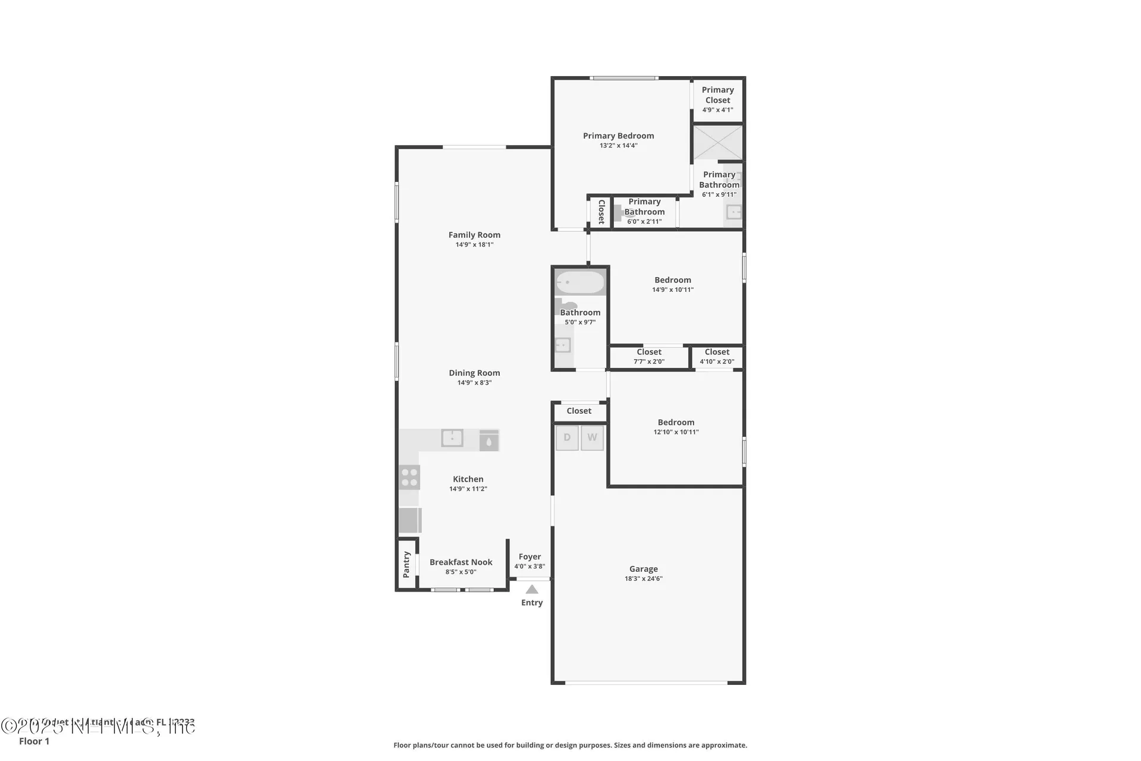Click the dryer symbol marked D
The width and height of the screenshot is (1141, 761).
tap(567, 438)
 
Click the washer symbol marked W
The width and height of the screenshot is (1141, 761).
tap(592, 438)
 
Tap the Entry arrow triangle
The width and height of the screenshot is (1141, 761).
tap(532, 590)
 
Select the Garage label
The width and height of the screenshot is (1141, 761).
tap(644, 569)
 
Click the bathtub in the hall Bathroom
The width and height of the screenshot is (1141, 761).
tap(580, 283)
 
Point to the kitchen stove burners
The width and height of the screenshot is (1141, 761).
tap(409, 477)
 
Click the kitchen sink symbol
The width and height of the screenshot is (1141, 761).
tap(452, 438)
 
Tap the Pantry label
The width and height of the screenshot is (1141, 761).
tap(406, 564)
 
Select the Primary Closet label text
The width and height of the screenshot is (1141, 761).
tap(718, 95)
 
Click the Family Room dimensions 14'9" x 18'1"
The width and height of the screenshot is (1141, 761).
tap(474, 245)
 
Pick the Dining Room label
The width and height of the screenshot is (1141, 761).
tap(474, 373)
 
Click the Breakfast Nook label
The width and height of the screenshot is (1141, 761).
tap(461, 562)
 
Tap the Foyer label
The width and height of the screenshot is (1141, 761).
tap(529, 557)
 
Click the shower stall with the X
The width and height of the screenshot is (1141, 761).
tap(718, 143)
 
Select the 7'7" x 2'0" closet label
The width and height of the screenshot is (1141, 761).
tap(649, 357)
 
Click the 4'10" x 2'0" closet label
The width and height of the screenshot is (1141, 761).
tap(717, 357)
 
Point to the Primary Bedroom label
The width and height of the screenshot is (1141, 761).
tap(618, 136)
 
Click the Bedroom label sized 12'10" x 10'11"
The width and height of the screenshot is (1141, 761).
tap(676, 422)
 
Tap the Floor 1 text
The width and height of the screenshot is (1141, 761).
tap(34, 741)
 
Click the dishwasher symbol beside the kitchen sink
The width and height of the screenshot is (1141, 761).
tap(488, 440)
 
